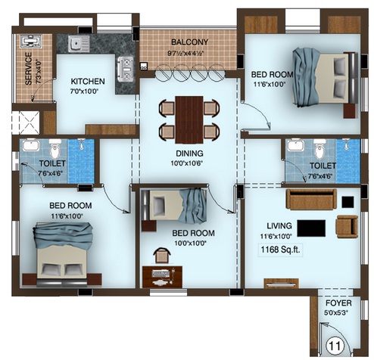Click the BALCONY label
(189, 42)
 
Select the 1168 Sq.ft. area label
(280, 250)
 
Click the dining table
(189, 119)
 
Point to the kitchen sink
(78, 43)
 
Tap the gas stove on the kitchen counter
(126, 69)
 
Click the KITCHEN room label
(88, 82)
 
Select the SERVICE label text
(29, 68)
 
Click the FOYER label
(338, 303)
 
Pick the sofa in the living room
(311, 199)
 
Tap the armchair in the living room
(347, 226)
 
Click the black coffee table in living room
(311, 228)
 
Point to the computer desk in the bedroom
(162, 277)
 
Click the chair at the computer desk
(162, 256)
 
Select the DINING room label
(189, 154)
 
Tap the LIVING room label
(279, 226)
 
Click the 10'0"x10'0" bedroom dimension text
(191, 244)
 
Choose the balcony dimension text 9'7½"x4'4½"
(185, 54)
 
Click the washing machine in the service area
(31, 41)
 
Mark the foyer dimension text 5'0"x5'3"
(336, 313)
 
